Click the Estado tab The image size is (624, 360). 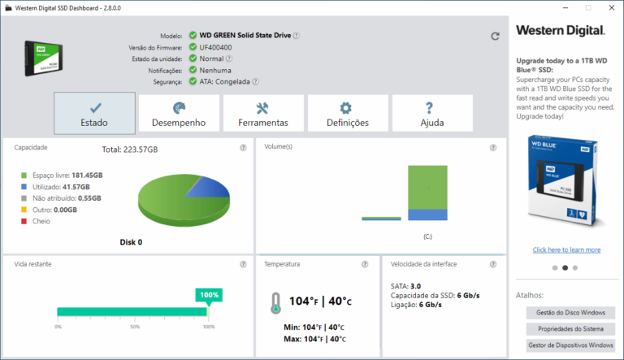pyautogui.click(x=94, y=114)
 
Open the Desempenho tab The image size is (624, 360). pyautogui.click(x=179, y=114)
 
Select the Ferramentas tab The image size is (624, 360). pyautogui.click(x=263, y=114)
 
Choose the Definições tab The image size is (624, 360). pyautogui.click(x=347, y=114)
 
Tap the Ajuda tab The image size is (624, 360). pyautogui.click(x=431, y=114)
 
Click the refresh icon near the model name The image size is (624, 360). pyautogui.click(x=495, y=36)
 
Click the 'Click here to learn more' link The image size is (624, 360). pyautogui.click(x=566, y=249)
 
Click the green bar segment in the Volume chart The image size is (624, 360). pyautogui.click(x=427, y=186)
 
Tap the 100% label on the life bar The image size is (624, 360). pyautogui.click(x=210, y=294)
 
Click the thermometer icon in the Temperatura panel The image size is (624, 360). pyautogui.click(x=276, y=303)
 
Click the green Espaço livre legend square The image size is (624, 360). pyautogui.click(x=24, y=176)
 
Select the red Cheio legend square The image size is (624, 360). pyautogui.click(x=24, y=221)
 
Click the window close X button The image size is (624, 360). pyautogui.click(x=605, y=7)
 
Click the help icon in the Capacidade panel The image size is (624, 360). pyautogui.click(x=243, y=147)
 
